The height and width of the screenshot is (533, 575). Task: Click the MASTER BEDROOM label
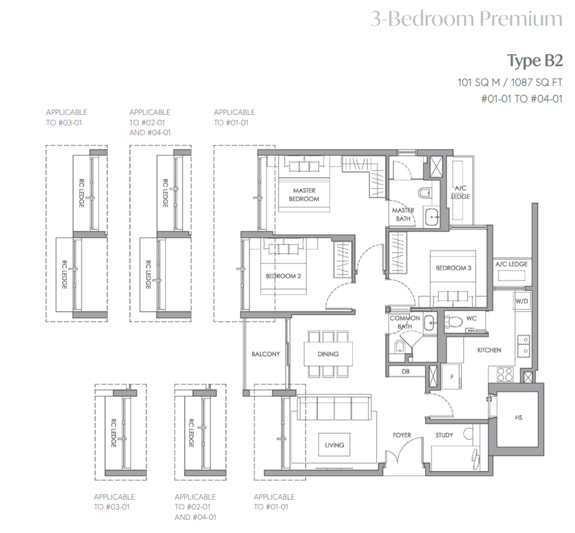click(x=304, y=195)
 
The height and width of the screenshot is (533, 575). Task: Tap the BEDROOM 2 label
click(x=283, y=276)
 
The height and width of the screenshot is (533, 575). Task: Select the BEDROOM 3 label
click(x=453, y=268)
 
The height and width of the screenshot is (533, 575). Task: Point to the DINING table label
click(x=328, y=354)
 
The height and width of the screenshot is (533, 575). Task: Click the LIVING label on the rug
click(x=334, y=445)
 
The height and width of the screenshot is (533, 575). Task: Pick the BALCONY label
click(x=266, y=354)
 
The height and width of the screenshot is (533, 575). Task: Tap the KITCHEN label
click(x=489, y=350)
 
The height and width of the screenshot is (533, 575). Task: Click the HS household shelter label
click(x=519, y=418)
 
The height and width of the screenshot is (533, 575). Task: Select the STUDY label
click(x=444, y=435)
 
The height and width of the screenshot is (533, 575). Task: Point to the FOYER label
click(x=402, y=435)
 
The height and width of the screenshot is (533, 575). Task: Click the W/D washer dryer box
click(x=522, y=301)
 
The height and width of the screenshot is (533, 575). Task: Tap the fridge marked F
click(x=452, y=377)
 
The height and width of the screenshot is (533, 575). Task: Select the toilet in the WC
click(x=454, y=322)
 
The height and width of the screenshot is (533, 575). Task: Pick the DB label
click(x=406, y=371)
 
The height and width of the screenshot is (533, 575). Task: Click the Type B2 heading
click(x=535, y=61)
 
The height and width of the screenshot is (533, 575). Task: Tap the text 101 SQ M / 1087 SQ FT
click(x=510, y=82)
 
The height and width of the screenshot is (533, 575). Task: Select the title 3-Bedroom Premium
click(x=467, y=18)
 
